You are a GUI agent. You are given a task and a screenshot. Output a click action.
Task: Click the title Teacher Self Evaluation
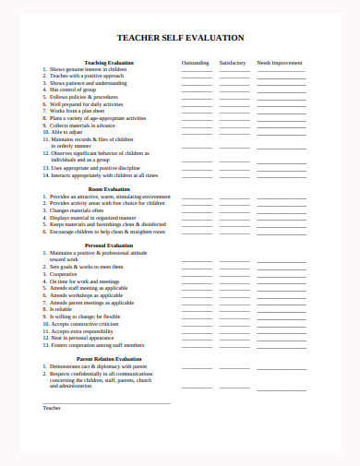180,38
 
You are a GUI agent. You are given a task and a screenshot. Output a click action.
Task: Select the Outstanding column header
195,63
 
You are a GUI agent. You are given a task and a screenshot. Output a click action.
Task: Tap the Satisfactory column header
233,63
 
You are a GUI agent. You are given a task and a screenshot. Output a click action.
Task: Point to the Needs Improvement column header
279,63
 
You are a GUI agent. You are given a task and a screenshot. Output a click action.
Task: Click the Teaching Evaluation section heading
108,63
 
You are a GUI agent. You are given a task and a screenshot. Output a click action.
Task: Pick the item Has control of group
75,90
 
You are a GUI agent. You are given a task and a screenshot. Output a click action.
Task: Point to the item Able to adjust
68,131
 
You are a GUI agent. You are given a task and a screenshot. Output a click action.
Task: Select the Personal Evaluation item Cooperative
64,274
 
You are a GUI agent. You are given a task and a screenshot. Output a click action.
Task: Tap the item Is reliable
62,309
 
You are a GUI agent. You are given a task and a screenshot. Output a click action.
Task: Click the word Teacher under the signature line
52,407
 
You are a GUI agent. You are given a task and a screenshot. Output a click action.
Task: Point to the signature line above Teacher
106,402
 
